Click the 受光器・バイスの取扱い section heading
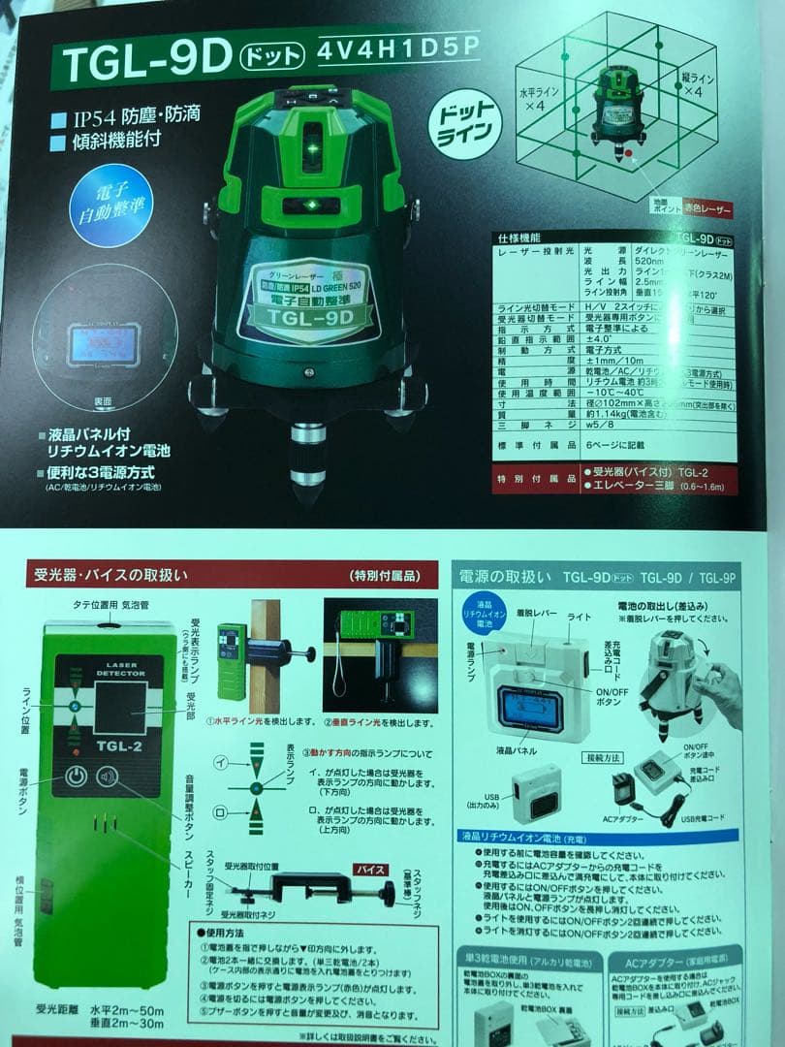[x=106, y=575]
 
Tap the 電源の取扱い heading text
[x=508, y=576]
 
